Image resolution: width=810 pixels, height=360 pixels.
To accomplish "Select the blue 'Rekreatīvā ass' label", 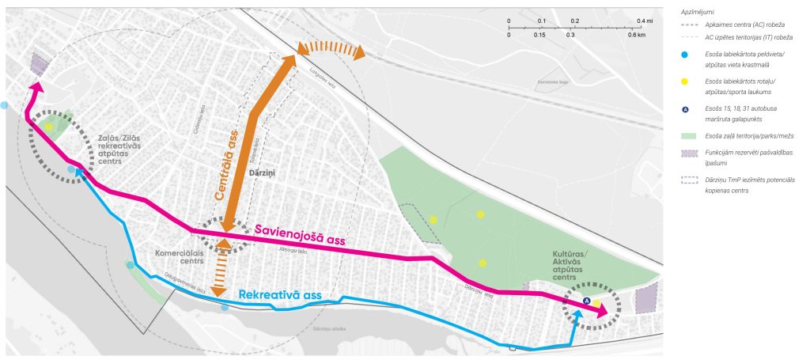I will (x=281, y=295).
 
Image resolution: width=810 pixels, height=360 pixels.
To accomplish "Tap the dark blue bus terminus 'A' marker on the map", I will (x=586, y=301).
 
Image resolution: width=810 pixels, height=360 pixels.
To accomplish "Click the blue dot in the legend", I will (x=685, y=55).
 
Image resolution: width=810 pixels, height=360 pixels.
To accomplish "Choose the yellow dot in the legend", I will (x=685, y=82).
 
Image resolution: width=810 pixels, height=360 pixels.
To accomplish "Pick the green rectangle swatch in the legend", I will (x=685, y=137).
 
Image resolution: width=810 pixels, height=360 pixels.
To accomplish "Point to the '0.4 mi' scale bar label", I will (x=645, y=21).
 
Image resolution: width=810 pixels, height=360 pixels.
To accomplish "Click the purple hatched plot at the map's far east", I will (x=646, y=301).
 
